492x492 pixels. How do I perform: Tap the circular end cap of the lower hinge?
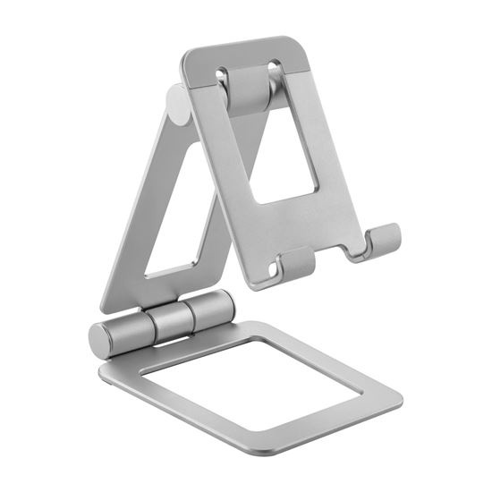pyautogui.click(x=100, y=340)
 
